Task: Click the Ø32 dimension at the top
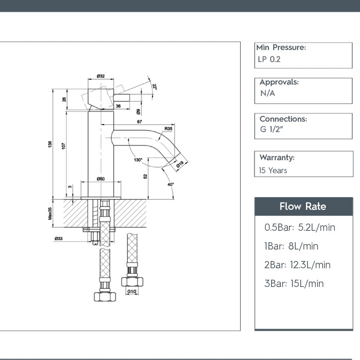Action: point(101,76)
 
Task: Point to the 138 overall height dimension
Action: point(50,144)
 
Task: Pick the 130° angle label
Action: point(138,159)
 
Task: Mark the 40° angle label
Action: point(171,184)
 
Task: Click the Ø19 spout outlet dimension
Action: point(180,165)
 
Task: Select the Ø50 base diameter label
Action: point(101,179)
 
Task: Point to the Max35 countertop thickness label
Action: point(50,213)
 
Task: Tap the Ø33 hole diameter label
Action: point(59,238)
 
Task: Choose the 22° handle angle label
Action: point(155,87)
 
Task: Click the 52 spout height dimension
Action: point(145,176)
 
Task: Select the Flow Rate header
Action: point(303,207)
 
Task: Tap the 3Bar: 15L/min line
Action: point(294,284)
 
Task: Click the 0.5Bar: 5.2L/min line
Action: point(300,228)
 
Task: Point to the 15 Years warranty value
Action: point(273,171)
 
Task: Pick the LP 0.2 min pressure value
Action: point(269,59)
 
